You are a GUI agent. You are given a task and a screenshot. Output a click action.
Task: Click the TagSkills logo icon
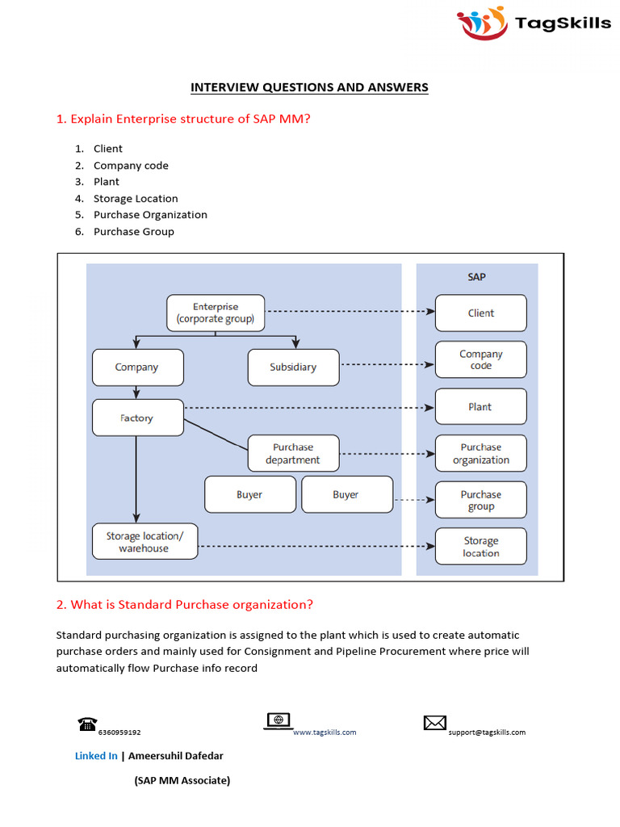pos(483,23)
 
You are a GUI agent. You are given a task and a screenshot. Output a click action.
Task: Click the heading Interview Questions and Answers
pos(309,87)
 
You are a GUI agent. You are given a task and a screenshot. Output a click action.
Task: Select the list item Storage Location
pos(136,199)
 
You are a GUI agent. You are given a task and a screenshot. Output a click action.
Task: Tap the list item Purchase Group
pos(133,232)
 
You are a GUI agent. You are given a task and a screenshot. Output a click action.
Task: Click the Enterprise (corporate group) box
pos(216,313)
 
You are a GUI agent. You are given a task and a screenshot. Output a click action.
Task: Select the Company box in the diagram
pos(137,367)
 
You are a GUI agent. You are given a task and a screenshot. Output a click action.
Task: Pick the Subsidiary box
pos(293,367)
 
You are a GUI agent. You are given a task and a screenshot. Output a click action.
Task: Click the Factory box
pos(137,418)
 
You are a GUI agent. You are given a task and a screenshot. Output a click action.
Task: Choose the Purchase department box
pos(293,454)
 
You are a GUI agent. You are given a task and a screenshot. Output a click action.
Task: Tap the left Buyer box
pos(249,495)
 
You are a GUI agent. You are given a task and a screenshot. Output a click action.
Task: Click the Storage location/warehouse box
pos(144,542)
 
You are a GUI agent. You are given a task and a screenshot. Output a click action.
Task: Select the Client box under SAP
pos(481,313)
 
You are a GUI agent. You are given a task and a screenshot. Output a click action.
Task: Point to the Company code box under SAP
pos(481,360)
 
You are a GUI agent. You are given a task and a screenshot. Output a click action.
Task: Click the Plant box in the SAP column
pos(481,407)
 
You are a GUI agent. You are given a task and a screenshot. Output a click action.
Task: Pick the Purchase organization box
pos(481,454)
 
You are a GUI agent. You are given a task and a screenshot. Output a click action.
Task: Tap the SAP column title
pos(477,277)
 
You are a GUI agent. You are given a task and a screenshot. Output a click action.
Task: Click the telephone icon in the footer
pos(87,724)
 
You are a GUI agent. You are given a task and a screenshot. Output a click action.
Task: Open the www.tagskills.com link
pos(324,733)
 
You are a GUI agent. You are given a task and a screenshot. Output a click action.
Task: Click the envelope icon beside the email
pos(435,723)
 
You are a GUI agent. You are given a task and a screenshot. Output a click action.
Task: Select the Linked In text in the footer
pos(96,756)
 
